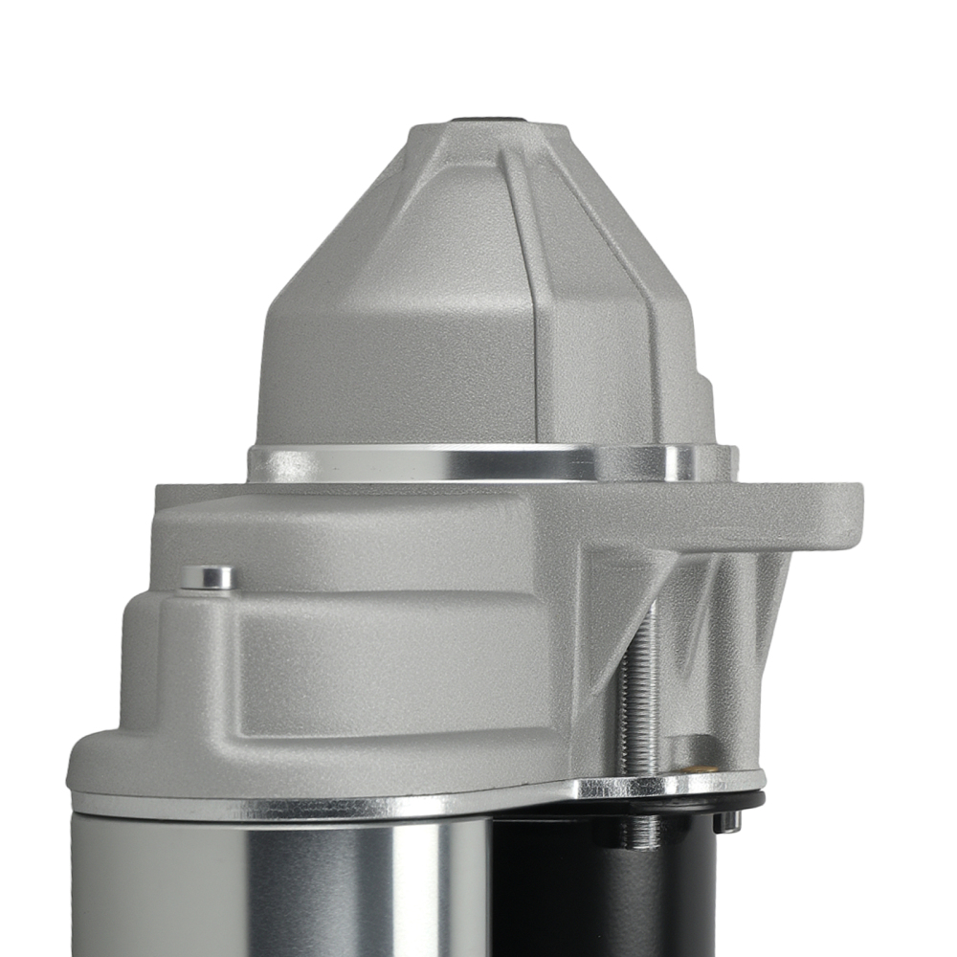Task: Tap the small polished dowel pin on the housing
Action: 208,577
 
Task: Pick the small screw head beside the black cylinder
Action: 728,820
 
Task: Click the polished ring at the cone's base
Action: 459,464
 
